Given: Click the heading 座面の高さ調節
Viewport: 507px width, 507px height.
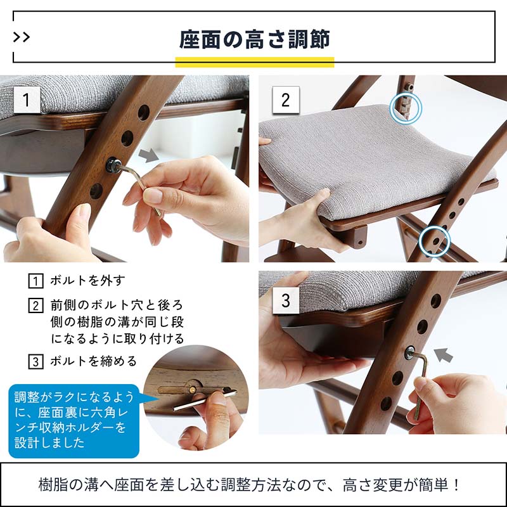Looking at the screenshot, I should point(254,39).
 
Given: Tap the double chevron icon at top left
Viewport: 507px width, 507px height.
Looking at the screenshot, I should point(22,37).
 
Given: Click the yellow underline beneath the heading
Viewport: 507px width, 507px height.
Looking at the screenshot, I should point(254,62).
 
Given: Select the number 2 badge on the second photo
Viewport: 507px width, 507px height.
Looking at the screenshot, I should point(285,100).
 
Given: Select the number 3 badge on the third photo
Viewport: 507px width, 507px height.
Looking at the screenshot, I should point(285,299).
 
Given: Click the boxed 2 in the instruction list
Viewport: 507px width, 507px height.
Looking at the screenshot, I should point(36,305).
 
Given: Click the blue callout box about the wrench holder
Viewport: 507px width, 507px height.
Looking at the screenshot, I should point(73,418).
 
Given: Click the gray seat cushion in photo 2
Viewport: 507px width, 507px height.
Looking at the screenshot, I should point(355,158).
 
